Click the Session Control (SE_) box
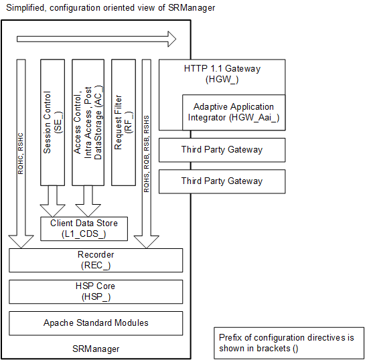click(x=52, y=122)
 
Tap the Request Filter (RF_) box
click(x=124, y=122)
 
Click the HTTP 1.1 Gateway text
click(x=222, y=68)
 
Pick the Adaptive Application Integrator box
click(x=234, y=112)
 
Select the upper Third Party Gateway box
click(x=222, y=150)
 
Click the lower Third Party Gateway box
click(x=222, y=181)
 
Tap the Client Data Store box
click(x=84, y=229)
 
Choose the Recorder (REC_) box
click(x=96, y=260)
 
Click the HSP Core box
click(x=96, y=291)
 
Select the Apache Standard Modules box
click(x=96, y=323)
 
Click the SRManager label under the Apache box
click(x=96, y=349)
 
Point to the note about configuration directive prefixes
click(x=290, y=343)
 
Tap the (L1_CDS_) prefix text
click(x=84, y=234)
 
